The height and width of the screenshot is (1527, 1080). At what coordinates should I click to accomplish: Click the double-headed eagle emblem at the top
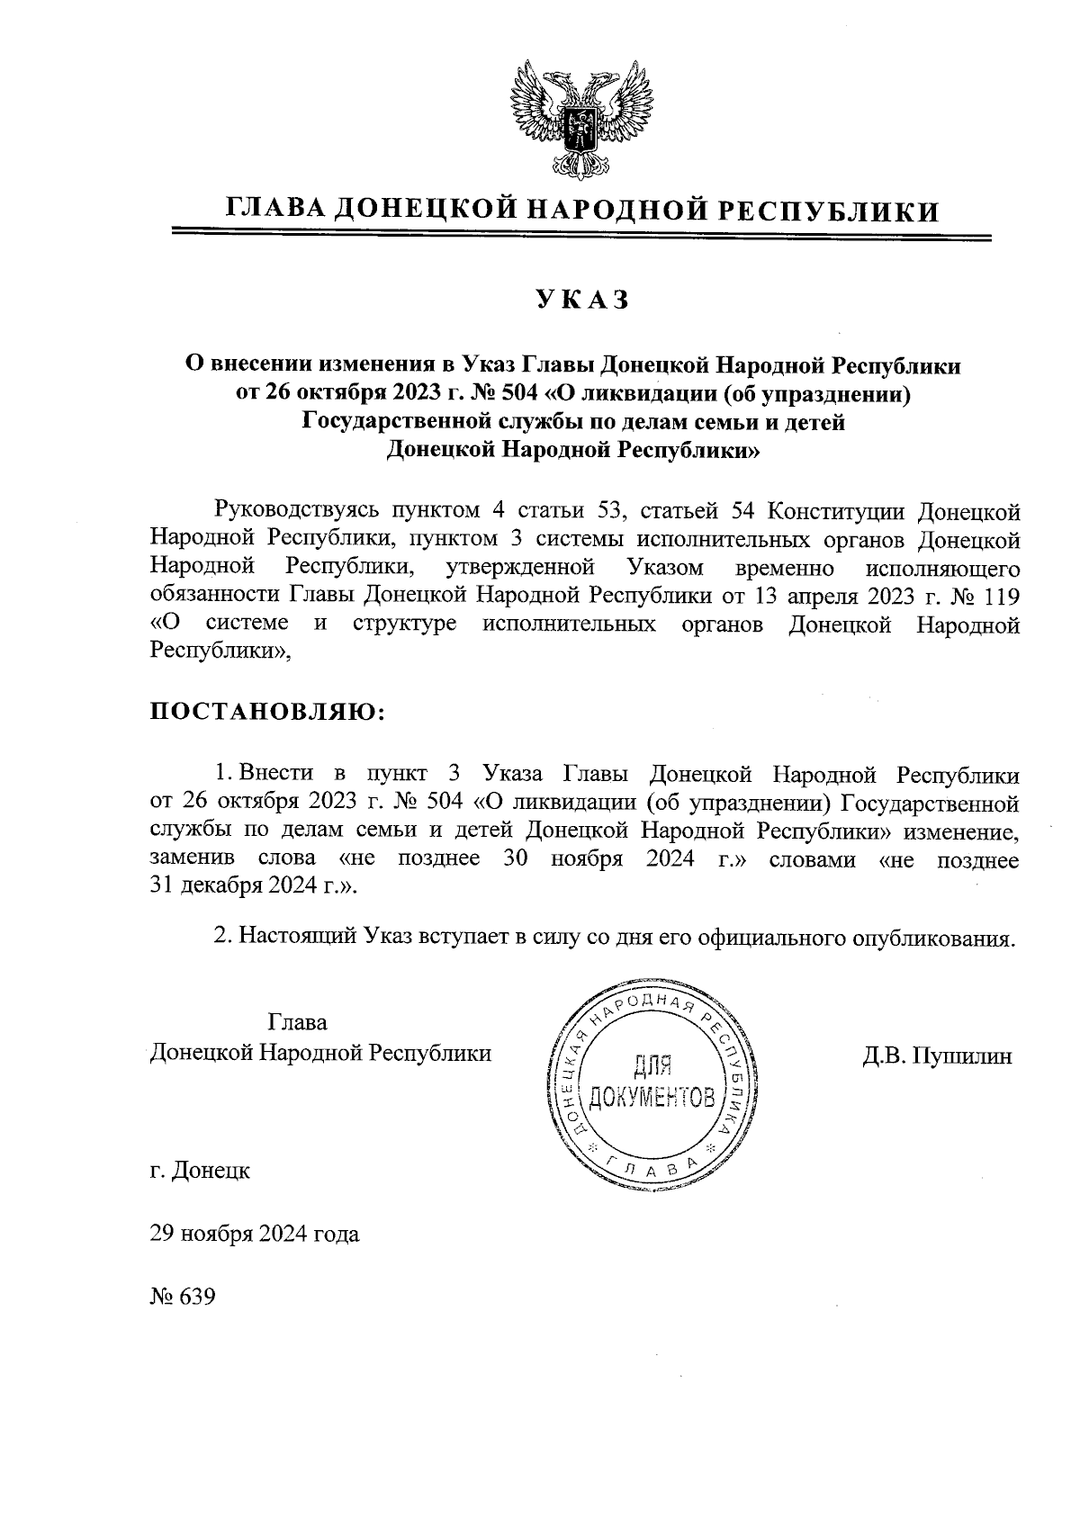[x=580, y=118]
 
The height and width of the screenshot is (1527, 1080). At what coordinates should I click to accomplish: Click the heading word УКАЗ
[x=581, y=301]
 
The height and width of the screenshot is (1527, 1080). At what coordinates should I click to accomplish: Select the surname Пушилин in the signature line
[x=962, y=1055]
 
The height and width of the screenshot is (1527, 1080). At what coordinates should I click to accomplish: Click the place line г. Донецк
[x=200, y=1172]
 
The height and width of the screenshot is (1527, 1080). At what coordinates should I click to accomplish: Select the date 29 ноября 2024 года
[x=255, y=1234]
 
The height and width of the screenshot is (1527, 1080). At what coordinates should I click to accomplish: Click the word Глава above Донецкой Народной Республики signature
[x=297, y=1023]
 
